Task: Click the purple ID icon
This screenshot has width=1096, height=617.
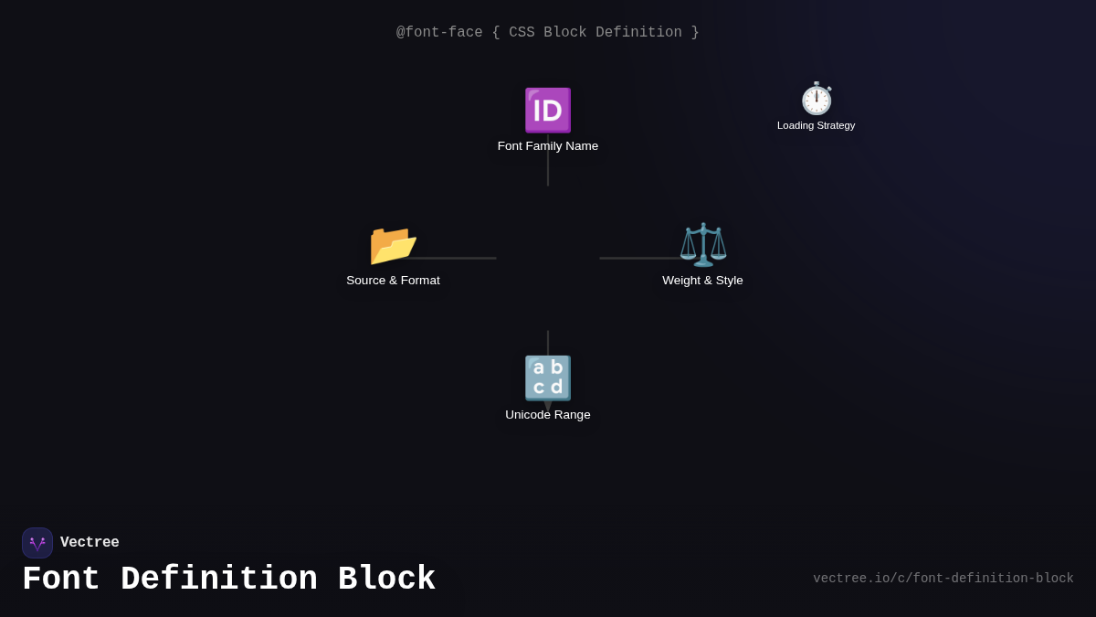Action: click(547, 111)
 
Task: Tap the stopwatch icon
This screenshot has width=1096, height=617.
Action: click(817, 99)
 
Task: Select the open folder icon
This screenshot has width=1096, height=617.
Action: click(393, 245)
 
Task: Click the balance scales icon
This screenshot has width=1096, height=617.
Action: click(703, 244)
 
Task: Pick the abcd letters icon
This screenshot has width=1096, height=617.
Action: click(547, 378)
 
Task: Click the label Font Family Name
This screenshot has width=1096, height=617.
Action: click(547, 146)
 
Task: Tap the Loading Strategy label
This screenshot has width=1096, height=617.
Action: click(817, 125)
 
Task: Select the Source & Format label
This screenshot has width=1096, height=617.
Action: click(393, 280)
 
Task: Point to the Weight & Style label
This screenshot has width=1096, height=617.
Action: click(702, 280)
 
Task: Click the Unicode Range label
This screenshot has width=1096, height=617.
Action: click(547, 415)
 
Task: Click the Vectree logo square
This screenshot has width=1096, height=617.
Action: click(37, 543)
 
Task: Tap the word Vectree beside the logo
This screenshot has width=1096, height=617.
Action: click(90, 542)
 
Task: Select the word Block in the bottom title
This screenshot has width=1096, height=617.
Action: click(386, 579)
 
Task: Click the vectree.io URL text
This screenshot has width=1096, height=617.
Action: click(943, 579)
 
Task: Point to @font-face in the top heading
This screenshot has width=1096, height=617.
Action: click(439, 32)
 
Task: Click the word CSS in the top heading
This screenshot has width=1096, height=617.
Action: click(522, 32)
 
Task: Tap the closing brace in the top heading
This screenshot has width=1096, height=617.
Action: click(695, 32)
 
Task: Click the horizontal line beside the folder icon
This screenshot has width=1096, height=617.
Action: click(450, 258)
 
